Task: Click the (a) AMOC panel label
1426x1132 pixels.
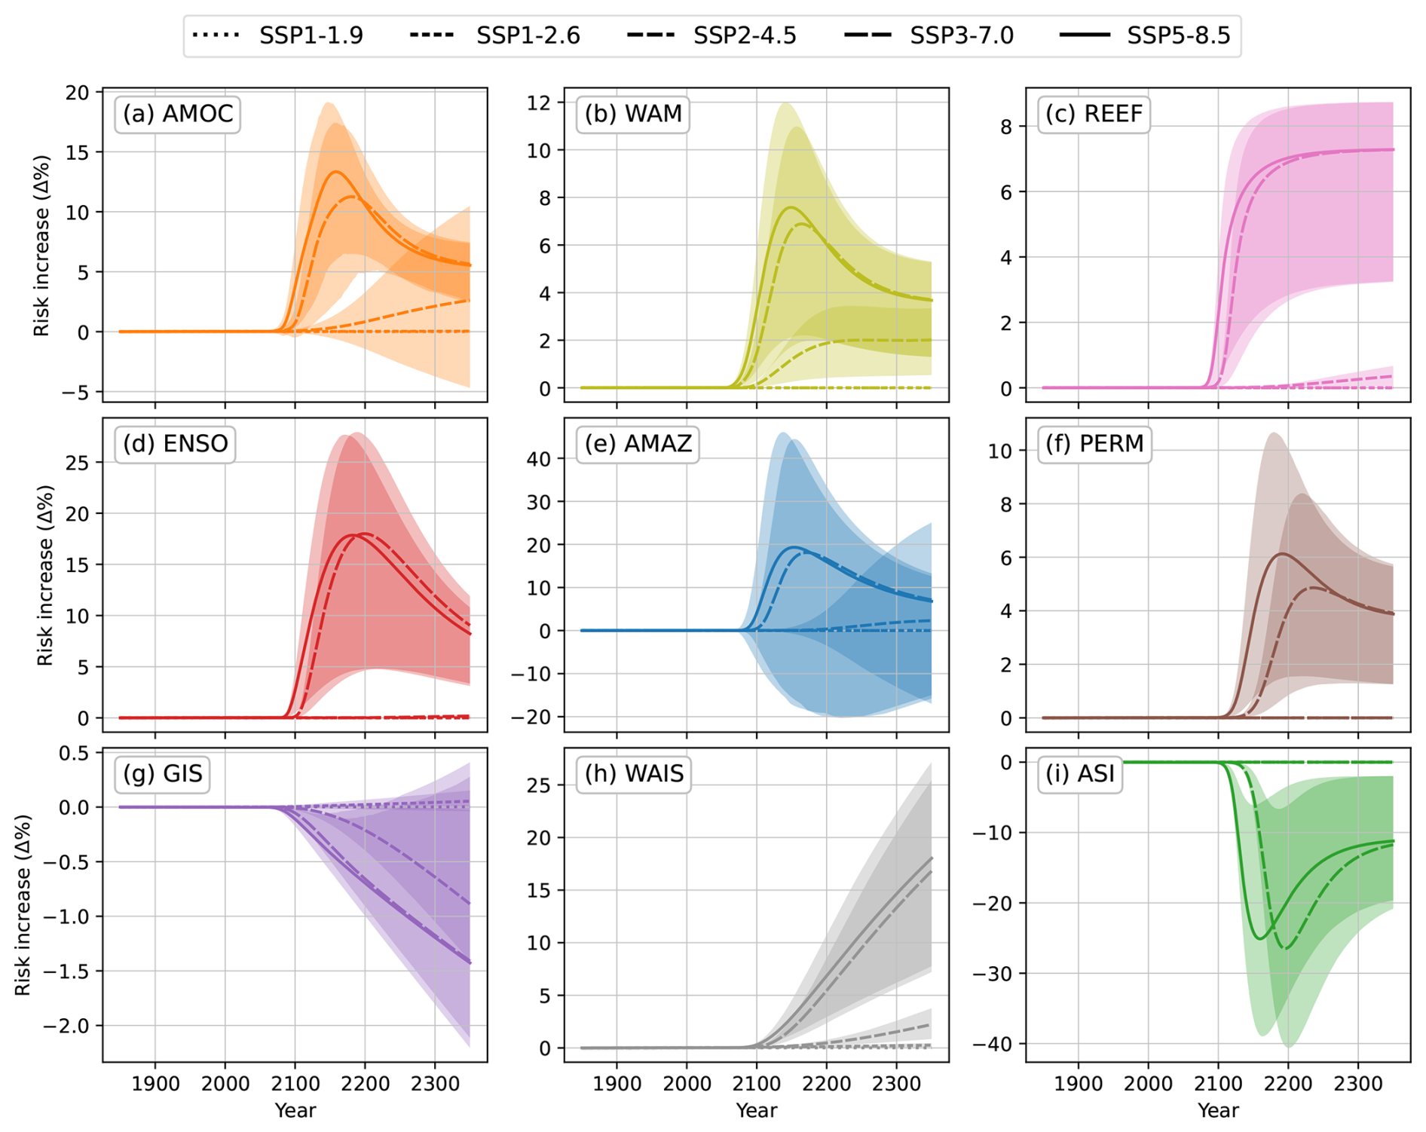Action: [178, 114]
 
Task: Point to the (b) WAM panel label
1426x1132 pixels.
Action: [633, 114]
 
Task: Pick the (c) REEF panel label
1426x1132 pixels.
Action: [1094, 114]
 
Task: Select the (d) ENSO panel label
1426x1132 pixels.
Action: [176, 443]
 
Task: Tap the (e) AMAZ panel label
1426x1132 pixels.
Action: [638, 443]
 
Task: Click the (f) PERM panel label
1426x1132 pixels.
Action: [1094, 443]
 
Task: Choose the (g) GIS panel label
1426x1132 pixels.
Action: [163, 773]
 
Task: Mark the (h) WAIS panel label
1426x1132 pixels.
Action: [634, 773]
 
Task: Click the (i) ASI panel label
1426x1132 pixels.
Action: [1079, 773]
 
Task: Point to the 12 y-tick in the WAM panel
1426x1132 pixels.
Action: [539, 102]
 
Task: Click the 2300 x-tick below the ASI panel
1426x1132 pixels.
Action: [1357, 1084]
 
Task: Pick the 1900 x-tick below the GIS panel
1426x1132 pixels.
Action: [155, 1084]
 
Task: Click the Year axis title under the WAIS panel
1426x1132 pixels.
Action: [756, 1110]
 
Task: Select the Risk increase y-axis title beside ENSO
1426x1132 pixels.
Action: [45, 575]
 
